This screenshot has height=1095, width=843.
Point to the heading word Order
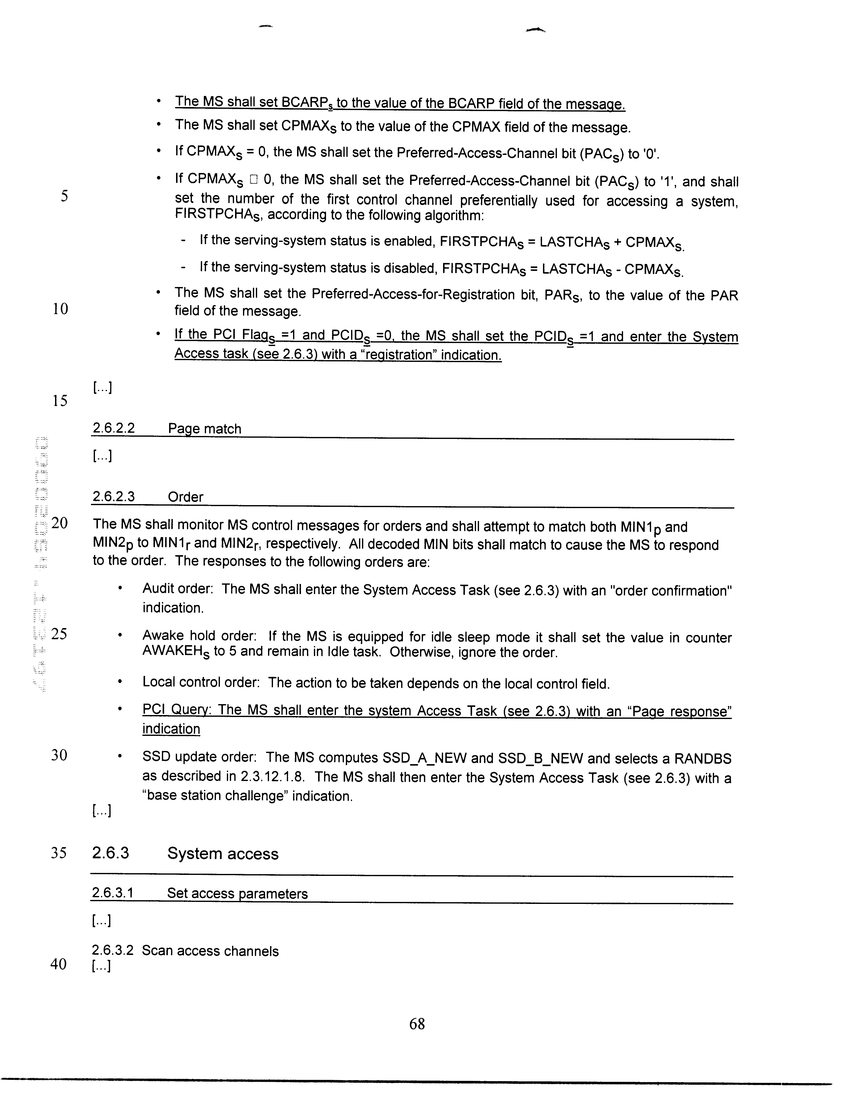[185, 497]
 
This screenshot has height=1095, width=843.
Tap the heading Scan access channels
[210, 951]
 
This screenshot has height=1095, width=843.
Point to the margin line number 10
[60, 309]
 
